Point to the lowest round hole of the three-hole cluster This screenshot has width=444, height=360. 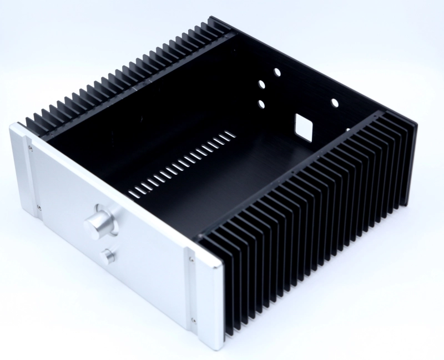click(x=261, y=104)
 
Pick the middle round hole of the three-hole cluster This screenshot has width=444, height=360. click(x=260, y=84)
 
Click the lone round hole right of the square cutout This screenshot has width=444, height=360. click(x=336, y=103)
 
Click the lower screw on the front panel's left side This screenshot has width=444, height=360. click(x=38, y=208)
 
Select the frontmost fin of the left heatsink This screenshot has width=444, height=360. click(x=28, y=123)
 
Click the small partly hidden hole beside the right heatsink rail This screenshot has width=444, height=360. click(x=348, y=130)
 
